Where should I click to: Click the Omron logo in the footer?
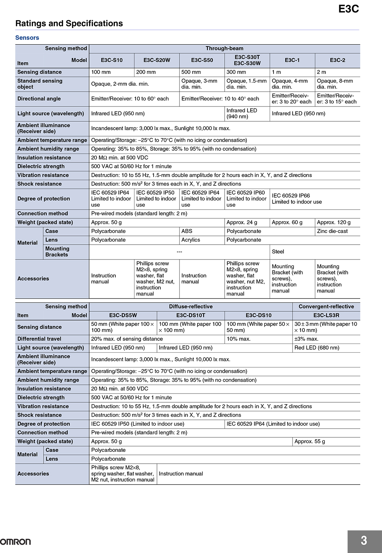click(16, 542)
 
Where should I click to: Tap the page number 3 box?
click(364, 541)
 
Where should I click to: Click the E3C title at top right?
click(348, 9)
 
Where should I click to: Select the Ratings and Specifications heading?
click(69, 24)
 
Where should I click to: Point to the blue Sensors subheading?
click(27, 38)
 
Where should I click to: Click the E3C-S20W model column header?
click(157, 60)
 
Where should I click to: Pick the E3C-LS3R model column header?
click(326, 316)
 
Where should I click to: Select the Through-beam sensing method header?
click(224, 48)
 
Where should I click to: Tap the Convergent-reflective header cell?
click(326, 307)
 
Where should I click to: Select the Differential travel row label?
click(39, 339)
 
